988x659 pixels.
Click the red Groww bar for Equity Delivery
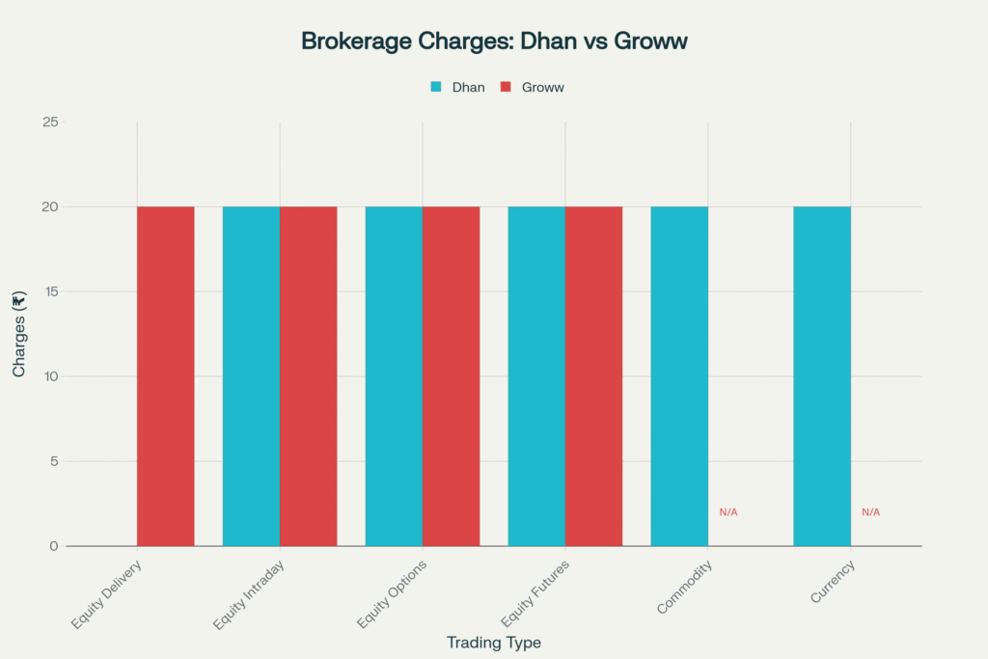[x=165, y=376]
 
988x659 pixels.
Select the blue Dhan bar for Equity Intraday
[x=251, y=376]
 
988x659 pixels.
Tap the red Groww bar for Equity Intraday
[x=308, y=376]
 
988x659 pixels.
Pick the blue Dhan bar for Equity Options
[x=394, y=376]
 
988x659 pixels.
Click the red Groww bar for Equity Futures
[x=593, y=376]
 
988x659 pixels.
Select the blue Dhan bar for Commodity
[x=679, y=376]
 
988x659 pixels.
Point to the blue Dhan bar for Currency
[x=822, y=376]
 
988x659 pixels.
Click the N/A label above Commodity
[x=728, y=512]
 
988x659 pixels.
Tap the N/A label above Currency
[x=870, y=512]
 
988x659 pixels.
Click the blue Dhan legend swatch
[x=435, y=87]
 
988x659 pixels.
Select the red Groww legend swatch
[x=505, y=87]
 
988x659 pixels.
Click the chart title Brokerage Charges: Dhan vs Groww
[x=494, y=41]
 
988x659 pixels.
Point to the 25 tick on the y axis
[x=50, y=123]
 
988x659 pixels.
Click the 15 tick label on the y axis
[x=50, y=291]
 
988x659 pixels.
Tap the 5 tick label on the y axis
[x=54, y=461]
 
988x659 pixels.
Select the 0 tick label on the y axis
[x=54, y=546]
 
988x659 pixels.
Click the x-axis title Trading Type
[x=494, y=643]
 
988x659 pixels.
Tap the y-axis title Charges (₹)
[x=19, y=334]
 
